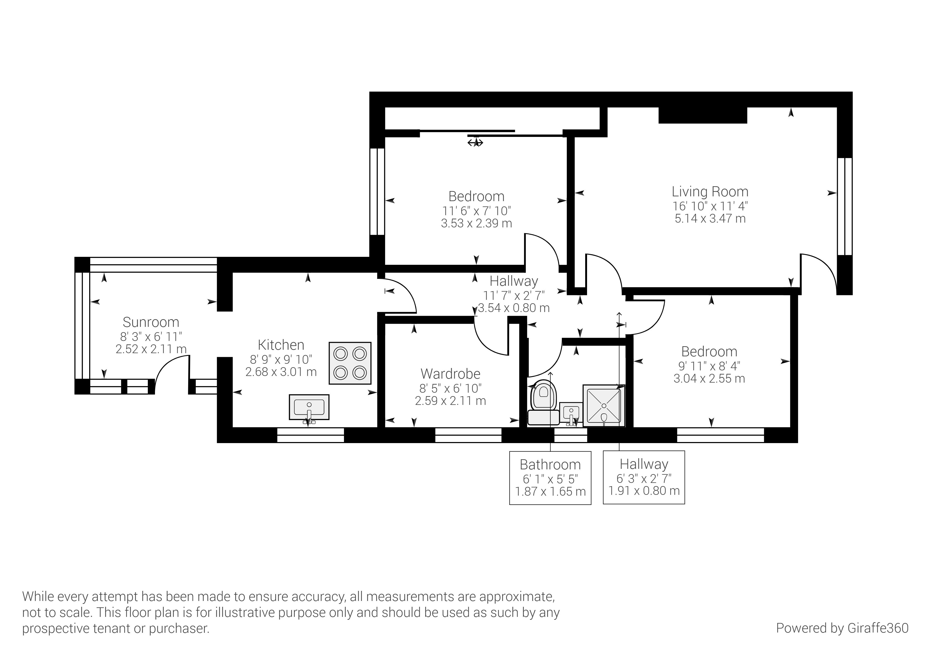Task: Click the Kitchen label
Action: click(281, 345)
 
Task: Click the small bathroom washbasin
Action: click(571, 414)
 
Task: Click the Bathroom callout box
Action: click(550, 478)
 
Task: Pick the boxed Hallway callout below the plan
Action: click(644, 477)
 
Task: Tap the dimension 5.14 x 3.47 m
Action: click(710, 219)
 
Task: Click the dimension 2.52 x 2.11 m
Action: click(151, 349)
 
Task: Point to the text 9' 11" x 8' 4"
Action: click(709, 366)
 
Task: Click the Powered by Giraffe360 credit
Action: click(842, 628)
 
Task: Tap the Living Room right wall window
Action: click(845, 206)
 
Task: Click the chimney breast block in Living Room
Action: click(703, 115)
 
